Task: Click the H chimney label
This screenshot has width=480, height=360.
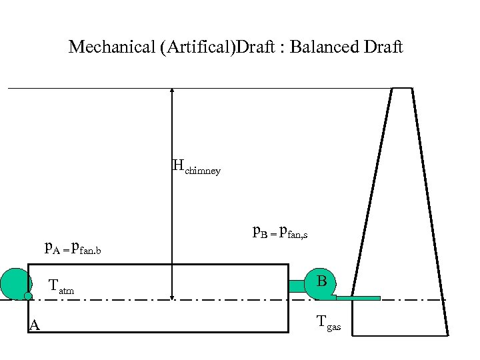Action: coord(196,167)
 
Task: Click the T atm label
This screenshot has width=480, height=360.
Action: coord(61,287)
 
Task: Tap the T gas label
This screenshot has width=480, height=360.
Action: coord(328,325)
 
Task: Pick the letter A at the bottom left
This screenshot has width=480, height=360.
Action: coord(34,325)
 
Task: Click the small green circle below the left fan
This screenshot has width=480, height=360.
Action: coord(28,296)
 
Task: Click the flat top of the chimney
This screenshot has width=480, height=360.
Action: coord(401,88)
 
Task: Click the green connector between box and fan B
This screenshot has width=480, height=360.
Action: coord(297,286)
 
